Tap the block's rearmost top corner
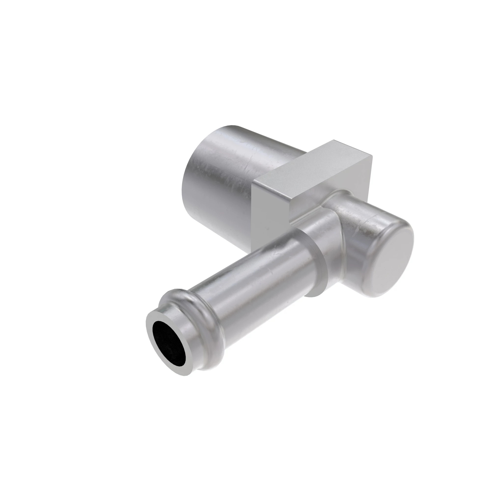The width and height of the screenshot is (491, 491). coord(334,139)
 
